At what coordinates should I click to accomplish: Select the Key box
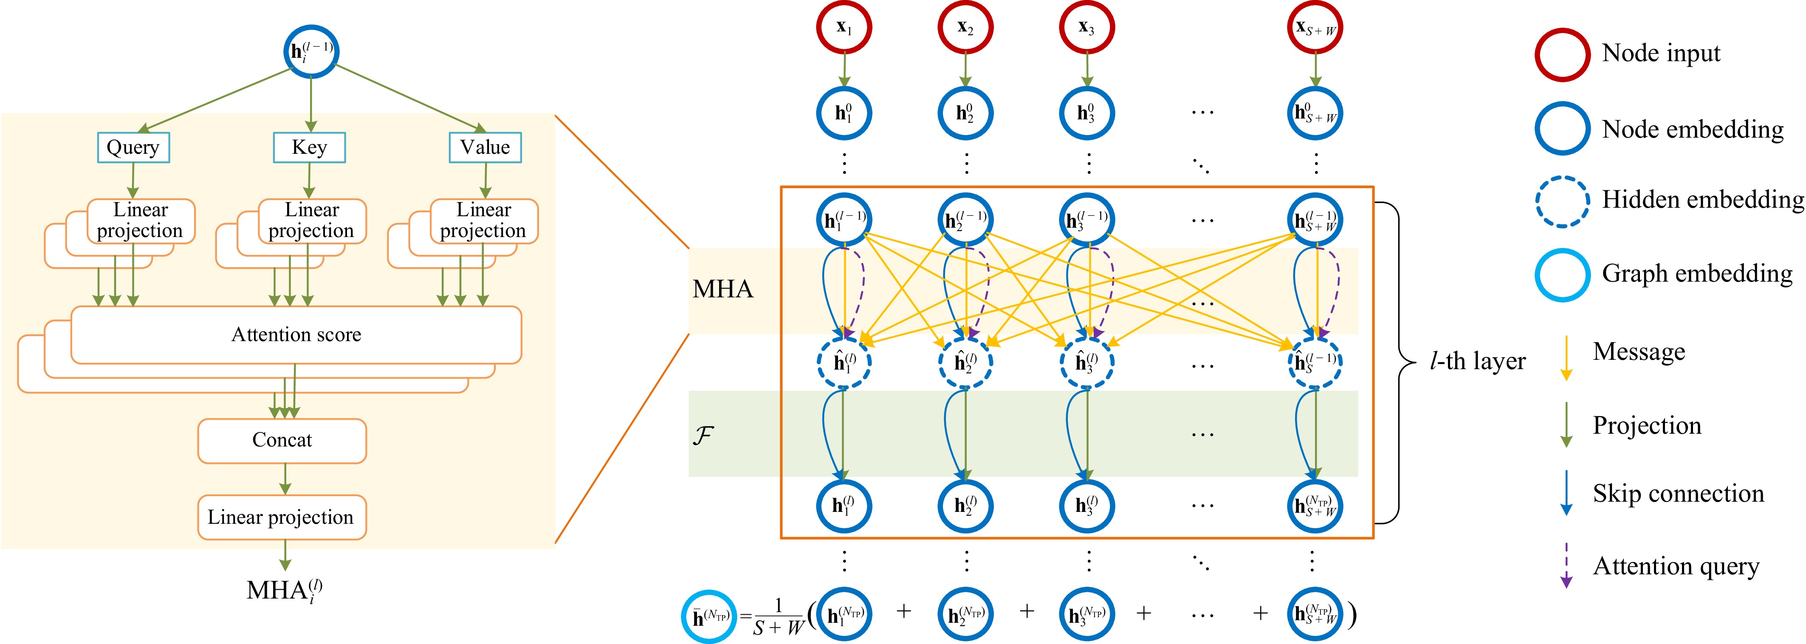[309, 147]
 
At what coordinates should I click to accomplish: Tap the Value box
[485, 147]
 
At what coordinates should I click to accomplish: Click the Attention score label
[296, 335]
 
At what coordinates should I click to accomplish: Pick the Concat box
[282, 441]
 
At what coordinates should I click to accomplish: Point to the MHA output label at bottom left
[285, 590]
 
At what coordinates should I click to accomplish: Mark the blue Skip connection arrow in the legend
[1566, 493]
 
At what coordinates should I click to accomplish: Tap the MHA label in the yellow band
[723, 289]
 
